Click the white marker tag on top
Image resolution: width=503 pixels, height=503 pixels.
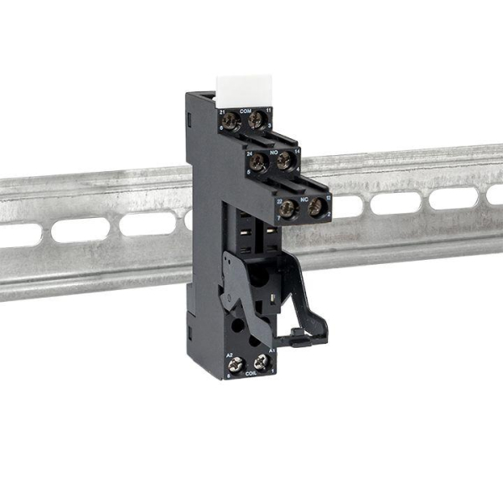(245, 86)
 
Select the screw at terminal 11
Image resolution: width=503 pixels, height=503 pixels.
(257, 122)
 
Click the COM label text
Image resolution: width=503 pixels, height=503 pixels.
(246, 110)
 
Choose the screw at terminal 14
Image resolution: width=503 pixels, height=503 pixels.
(284, 160)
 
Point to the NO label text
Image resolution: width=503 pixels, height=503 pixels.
(273, 148)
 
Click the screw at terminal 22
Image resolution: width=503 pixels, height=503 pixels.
(288, 208)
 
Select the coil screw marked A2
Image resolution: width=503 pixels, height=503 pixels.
(236, 366)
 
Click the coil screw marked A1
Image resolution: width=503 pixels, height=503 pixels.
(262, 363)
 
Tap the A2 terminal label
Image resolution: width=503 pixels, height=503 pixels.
(230, 355)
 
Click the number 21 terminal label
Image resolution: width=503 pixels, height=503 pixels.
(222, 111)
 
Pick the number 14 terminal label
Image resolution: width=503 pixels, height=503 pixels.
(297, 150)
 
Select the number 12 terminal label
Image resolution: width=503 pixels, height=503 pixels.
(329, 197)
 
